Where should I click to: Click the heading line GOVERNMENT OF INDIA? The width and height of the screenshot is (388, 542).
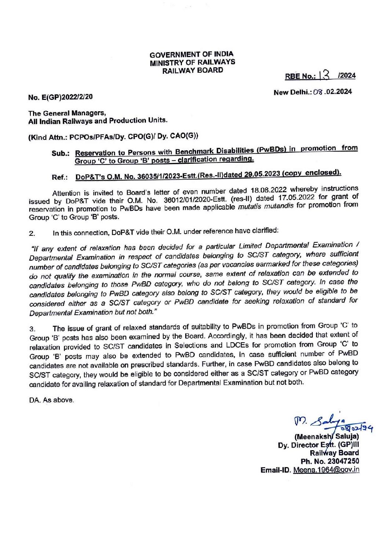click(191, 54)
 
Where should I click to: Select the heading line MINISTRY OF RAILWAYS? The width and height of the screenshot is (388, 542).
click(192, 62)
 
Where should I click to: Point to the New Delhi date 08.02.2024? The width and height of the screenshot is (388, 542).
click(332, 91)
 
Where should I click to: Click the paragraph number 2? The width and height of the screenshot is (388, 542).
click(32, 234)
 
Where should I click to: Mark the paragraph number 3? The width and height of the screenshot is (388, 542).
click(32, 329)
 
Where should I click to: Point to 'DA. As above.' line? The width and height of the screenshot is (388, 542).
click(51, 400)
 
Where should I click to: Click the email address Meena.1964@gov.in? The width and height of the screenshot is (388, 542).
click(326, 470)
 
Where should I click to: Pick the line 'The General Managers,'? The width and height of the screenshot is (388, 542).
click(67, 113)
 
